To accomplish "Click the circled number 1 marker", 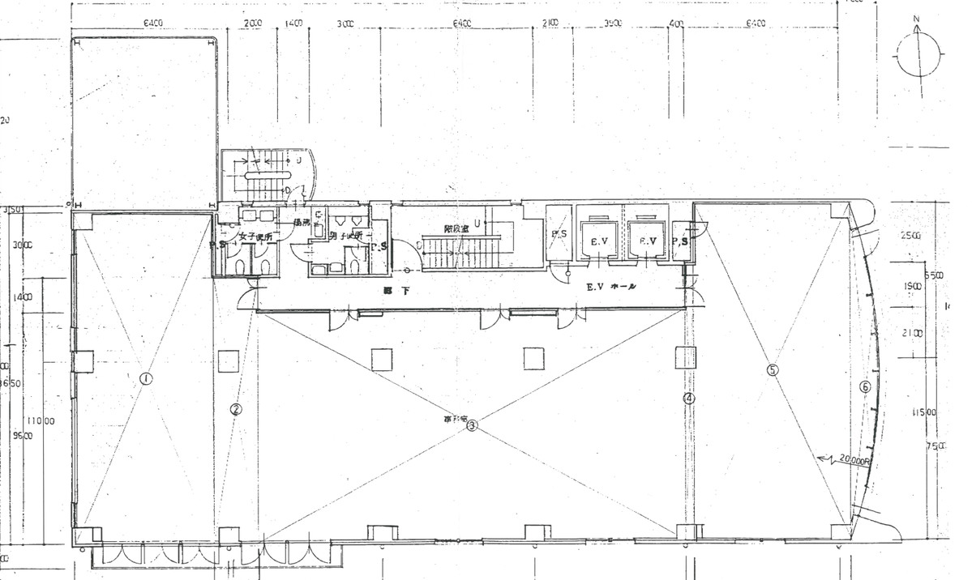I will tap(146, 377).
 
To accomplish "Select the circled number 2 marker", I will tap(235, 409).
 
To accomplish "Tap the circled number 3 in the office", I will tap(473, 424).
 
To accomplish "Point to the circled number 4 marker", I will tap(688, 399).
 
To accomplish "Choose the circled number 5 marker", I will tap(772, 369).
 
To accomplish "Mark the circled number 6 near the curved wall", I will tap(865, 387).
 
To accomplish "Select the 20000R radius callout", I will tap(852, 459).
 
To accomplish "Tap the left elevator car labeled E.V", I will tap(600, 241).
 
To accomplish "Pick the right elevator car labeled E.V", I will tap(647, 241).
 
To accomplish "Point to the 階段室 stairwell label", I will tap(457, 229).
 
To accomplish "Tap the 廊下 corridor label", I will tap(395, 289).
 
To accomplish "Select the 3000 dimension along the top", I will tap(346, 24).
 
